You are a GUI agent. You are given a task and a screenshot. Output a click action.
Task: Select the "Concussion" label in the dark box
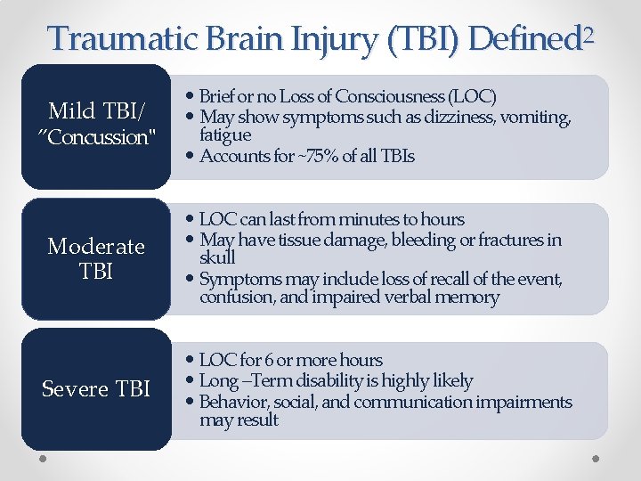[96, 137]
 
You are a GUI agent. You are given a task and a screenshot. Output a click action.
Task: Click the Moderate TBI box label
[96, 258]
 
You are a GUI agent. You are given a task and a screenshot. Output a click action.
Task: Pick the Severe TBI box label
[96, 389]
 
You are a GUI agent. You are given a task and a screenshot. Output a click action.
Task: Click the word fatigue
[226, 135]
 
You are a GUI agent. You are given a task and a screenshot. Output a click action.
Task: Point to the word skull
[218, 257]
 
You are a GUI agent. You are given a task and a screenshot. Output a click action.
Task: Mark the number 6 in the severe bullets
[268, 360]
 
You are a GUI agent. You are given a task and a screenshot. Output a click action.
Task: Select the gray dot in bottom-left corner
[43, 459]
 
